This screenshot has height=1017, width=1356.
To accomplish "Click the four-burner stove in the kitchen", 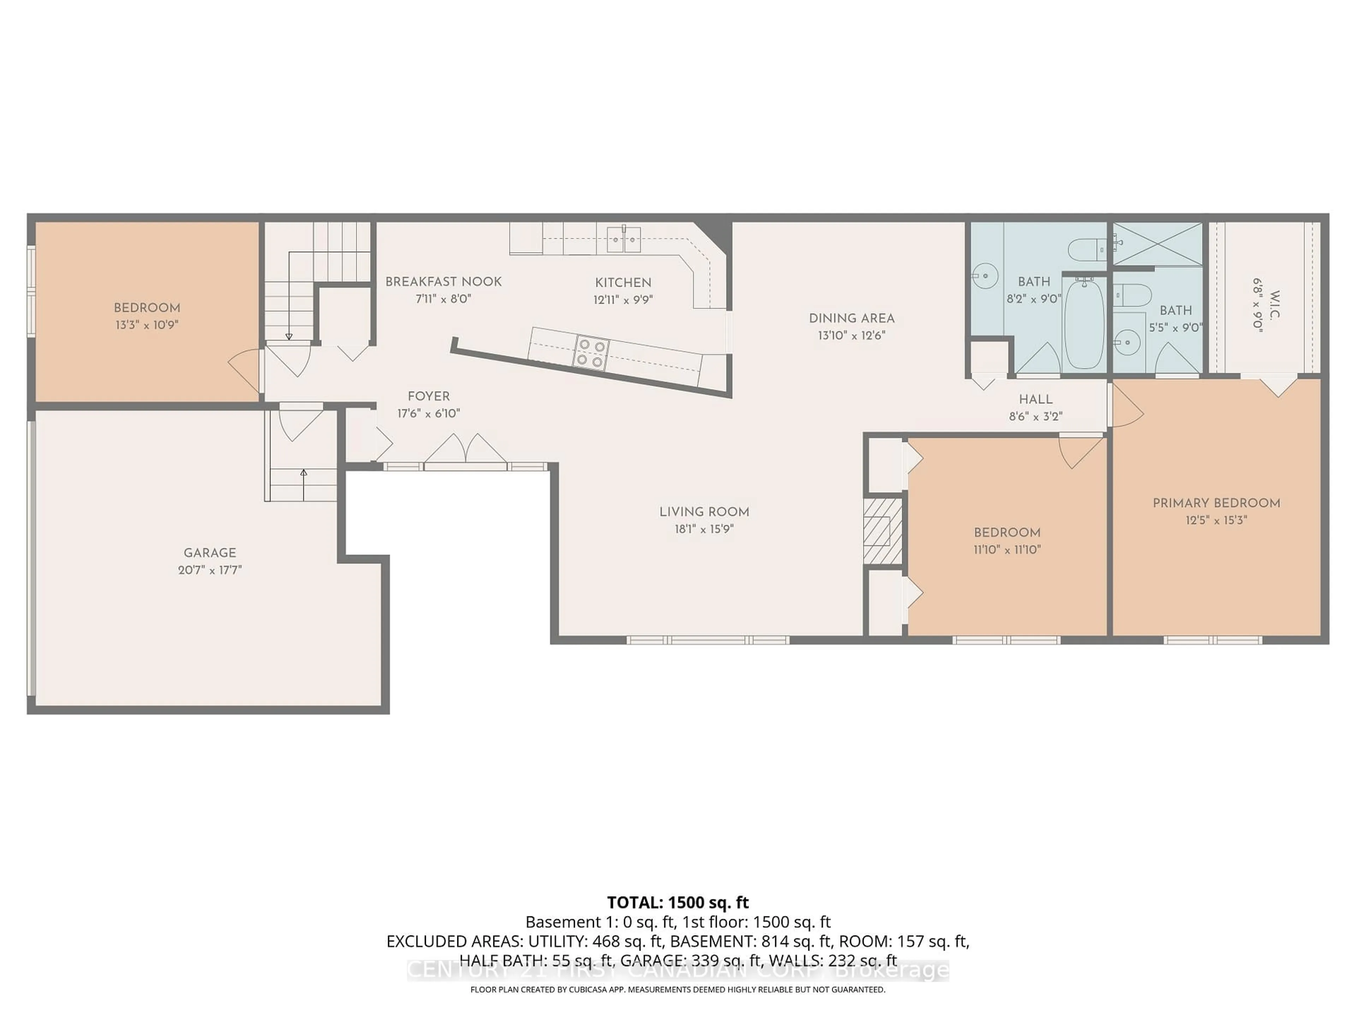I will click(x=591, y=354).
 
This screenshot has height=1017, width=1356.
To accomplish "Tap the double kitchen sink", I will click(x=624, y=239).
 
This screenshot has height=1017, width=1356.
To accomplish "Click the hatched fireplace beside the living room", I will click(x=883, y=531).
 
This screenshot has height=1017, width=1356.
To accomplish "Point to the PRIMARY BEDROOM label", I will click(x=1216, y=503).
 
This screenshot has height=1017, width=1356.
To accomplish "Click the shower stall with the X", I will click(x=1158, y=243).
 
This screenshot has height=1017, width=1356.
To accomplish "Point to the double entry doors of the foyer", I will click(x=466, y=451).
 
